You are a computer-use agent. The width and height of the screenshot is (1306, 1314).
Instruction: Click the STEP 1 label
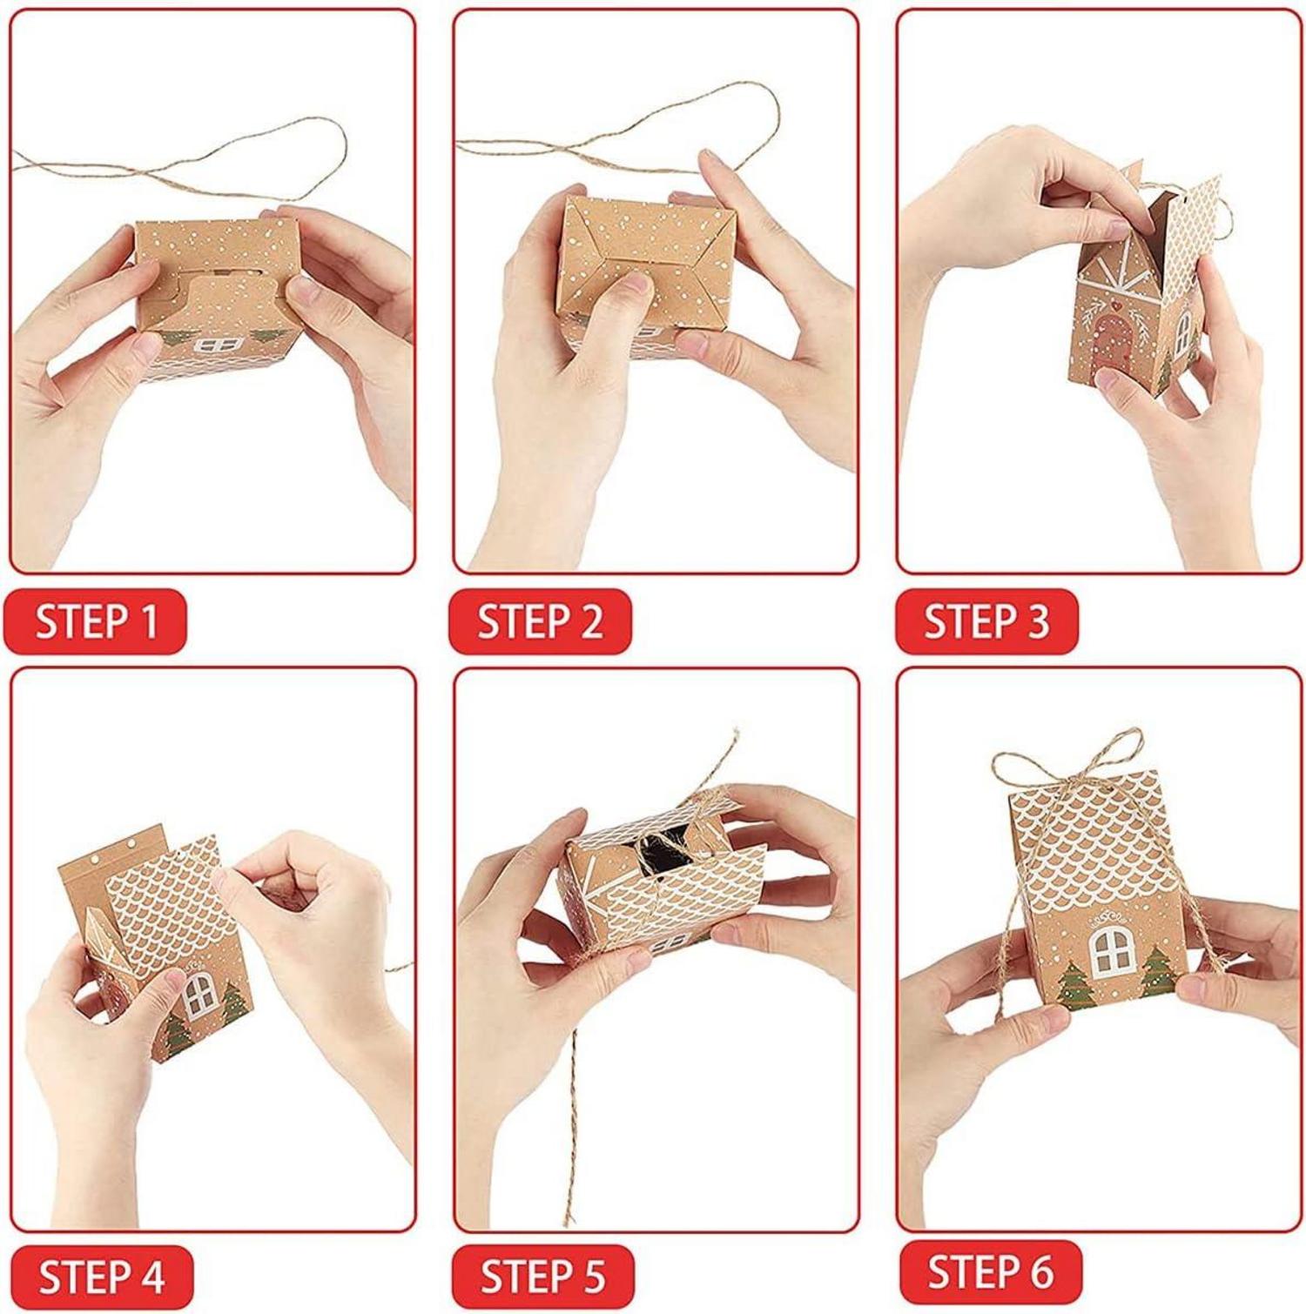click(x=96, y=621)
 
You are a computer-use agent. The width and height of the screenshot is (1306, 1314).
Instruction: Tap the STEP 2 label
click(x=540, y=621)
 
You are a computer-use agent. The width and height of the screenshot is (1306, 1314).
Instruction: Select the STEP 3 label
click(x=986, y=621)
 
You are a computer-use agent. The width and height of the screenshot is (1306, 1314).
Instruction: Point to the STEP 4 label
click(x=101, y=1277)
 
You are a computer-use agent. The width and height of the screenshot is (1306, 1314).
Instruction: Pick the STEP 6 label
click(x=990, y=1272)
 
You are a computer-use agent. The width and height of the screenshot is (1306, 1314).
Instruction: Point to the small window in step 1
click(x=208, y=345)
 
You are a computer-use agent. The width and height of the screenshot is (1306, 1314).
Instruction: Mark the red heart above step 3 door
click(x=1115, y=306)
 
